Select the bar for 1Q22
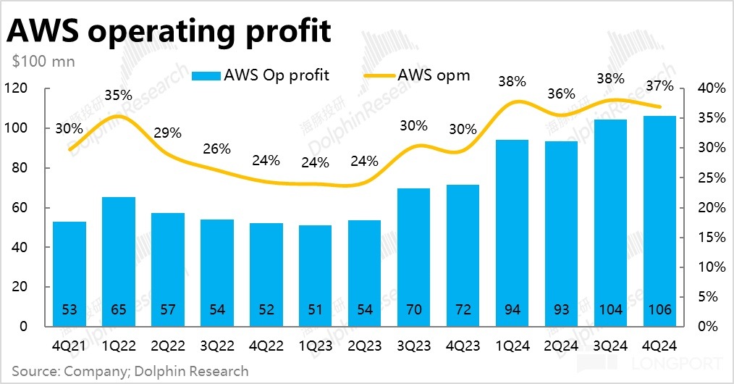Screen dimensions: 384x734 click(119, 261)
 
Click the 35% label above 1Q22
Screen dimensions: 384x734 click(118, 95)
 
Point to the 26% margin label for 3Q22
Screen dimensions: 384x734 click(216, 149)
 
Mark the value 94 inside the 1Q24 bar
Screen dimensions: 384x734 click(512, 310)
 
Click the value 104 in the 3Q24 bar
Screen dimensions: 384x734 click(610, 310)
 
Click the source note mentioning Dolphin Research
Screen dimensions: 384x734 click(130, 372)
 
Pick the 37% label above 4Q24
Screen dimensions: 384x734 click(659, 85)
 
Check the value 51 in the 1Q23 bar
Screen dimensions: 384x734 click(315, 310)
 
